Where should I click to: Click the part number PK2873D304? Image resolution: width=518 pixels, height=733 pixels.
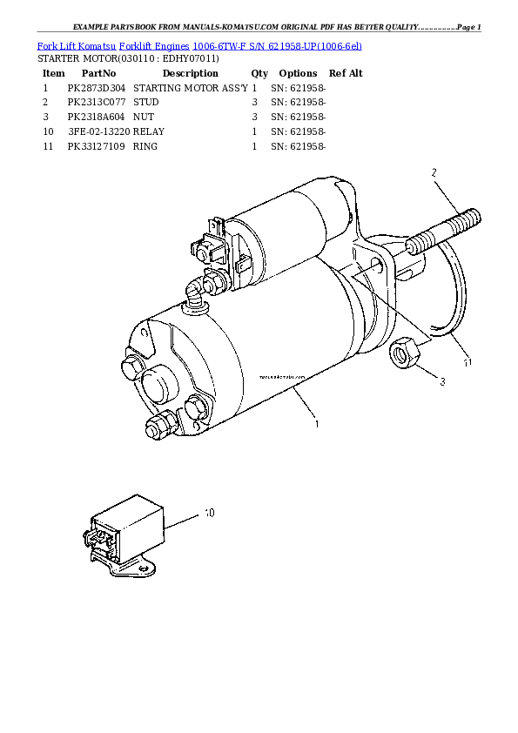click(96, 88)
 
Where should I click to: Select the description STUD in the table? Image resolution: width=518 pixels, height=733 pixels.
click(145, 102)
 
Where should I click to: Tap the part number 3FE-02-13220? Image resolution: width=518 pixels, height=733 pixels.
click(98, 131)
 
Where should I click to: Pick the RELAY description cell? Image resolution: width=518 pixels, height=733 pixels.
click(149, 131)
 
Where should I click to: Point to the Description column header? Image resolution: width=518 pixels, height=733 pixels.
click(190, 74)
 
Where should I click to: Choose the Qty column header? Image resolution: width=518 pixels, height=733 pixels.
click(259, 74)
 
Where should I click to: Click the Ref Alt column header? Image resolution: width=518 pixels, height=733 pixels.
click(346, 74)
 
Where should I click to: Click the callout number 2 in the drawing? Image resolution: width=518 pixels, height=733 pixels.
click(433, 173)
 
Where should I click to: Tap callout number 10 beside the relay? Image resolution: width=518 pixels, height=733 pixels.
click(209, 513)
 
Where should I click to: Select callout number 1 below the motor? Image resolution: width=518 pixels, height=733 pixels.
click(316, 424)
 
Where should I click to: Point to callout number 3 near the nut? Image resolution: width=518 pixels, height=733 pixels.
click(442, 381)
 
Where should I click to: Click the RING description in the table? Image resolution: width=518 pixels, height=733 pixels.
click(145, 146)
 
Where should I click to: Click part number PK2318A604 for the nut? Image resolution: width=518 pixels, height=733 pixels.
click(96, 117)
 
